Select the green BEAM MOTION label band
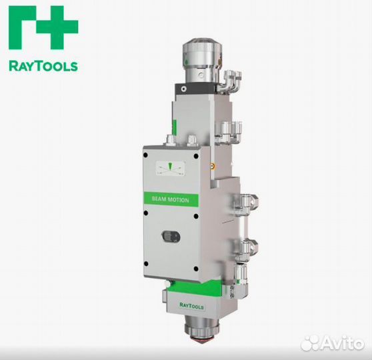pyautogui.click(x=170, y=199)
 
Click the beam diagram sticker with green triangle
pyautogui.click(x=169, y=168)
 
